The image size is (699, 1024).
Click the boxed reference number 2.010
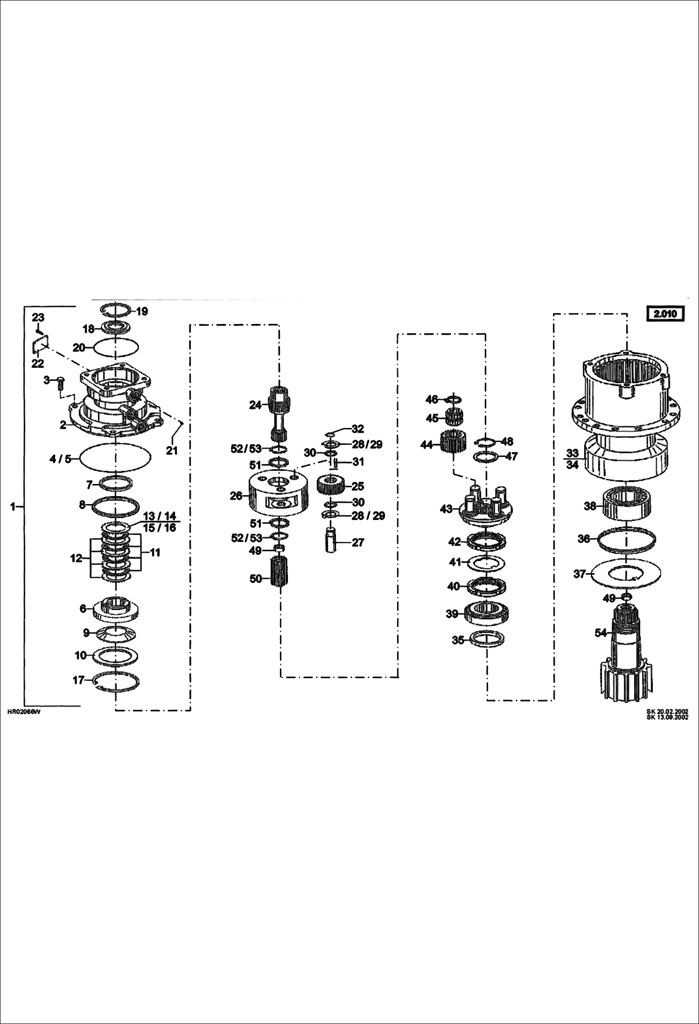(665, 314)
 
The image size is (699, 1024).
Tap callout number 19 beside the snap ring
(141, 311)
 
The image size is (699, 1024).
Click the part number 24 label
(255, 405)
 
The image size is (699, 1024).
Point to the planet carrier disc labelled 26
(279, 495)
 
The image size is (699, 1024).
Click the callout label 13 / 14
(160, 516)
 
